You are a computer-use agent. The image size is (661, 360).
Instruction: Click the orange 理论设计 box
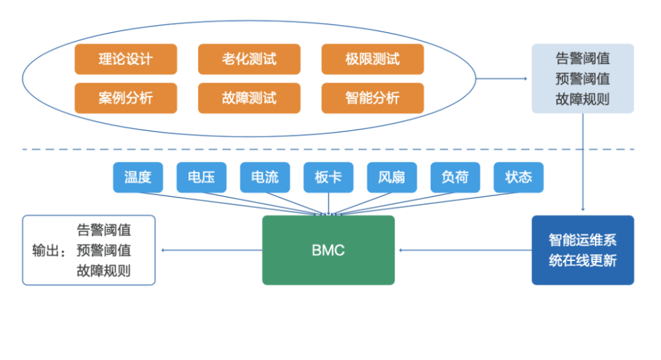126,59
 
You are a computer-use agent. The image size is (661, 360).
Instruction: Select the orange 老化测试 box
249,59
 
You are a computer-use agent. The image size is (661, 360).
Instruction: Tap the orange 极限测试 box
373,59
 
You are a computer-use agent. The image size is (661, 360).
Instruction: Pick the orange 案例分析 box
126,98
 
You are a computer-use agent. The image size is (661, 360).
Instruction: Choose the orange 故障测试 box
249,98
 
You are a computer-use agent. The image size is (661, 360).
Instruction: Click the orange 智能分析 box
373,98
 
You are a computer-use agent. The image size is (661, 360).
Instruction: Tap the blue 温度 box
138,177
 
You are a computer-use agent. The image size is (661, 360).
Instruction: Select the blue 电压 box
202,177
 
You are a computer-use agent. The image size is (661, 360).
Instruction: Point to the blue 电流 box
265,177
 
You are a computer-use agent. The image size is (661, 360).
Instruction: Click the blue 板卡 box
329,177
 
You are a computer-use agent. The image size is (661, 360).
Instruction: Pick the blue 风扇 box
392,177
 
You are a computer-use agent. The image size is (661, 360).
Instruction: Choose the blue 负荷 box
455,177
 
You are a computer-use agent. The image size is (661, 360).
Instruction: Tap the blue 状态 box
518,177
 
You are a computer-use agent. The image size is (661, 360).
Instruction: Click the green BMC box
329,250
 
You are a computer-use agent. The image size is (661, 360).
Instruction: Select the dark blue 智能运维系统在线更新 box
583,250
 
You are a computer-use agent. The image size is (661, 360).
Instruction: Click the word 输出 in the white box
46,250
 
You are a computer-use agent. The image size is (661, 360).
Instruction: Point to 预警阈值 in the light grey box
582,79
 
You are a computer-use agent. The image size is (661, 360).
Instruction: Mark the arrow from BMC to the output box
212,250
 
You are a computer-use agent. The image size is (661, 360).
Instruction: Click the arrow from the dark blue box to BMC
465,250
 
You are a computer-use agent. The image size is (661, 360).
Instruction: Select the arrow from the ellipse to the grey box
502,79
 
